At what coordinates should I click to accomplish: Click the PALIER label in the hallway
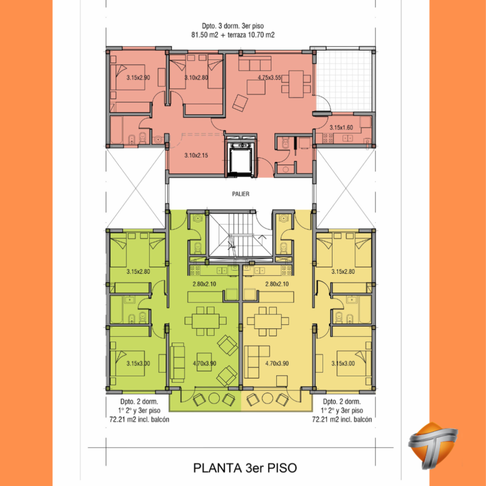tap(241, 194)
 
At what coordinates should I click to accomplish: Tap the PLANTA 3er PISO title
tap(245, 468)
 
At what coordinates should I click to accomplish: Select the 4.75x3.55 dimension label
tap(269, 78)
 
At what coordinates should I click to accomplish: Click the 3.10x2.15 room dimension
tap(196, 156)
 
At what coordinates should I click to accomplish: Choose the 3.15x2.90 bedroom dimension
tap(138, 78)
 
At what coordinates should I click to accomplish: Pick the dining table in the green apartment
tap(206, 321)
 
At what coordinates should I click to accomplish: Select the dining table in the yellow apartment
tap(268, 321)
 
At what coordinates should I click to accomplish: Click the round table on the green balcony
tap(214, 399)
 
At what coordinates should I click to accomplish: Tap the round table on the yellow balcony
tap(267, 399)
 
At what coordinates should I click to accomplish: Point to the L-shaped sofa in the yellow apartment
tap(252, 358)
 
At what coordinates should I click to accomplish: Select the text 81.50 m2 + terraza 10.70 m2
tap(233, 35)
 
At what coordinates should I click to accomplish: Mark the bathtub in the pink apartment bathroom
tap(117, 130)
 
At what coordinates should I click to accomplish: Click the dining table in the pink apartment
tap(296, 84)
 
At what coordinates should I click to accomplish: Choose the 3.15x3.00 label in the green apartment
tap(138, 363)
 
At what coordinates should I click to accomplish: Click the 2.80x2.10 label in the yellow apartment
tap(277, 284)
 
